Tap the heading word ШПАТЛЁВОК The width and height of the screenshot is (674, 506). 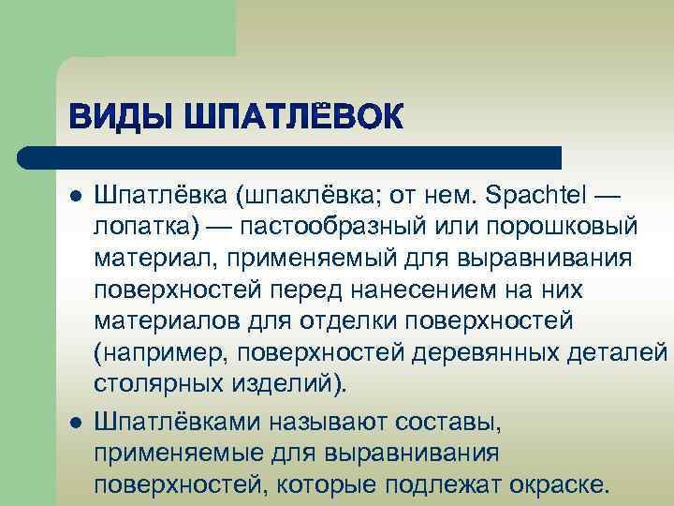point(295,119)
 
